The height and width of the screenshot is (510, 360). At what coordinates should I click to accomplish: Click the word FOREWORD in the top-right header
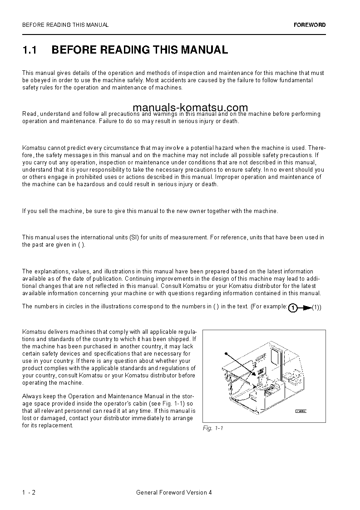click(309, 25)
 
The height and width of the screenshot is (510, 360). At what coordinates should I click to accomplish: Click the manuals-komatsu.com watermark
click(191, 108)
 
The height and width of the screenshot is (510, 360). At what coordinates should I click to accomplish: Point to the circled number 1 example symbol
click(293, 308)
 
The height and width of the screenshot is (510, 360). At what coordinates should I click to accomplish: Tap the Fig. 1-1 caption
click(213, 428)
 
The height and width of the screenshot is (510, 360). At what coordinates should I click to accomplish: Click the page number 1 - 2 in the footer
click(29, 493)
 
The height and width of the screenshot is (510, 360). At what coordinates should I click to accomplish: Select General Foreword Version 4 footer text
click(174, 493)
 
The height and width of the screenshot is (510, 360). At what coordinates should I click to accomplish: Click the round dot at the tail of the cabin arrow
click(226, 353)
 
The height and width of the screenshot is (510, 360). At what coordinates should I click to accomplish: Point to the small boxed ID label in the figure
click(301, 411)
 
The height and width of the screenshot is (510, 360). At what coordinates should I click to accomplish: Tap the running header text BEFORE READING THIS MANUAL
click(65, 25)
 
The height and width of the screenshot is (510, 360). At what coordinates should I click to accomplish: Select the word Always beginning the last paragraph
click(31, 396)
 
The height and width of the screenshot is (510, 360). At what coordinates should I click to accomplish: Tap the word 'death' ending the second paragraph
click(230, 121)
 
